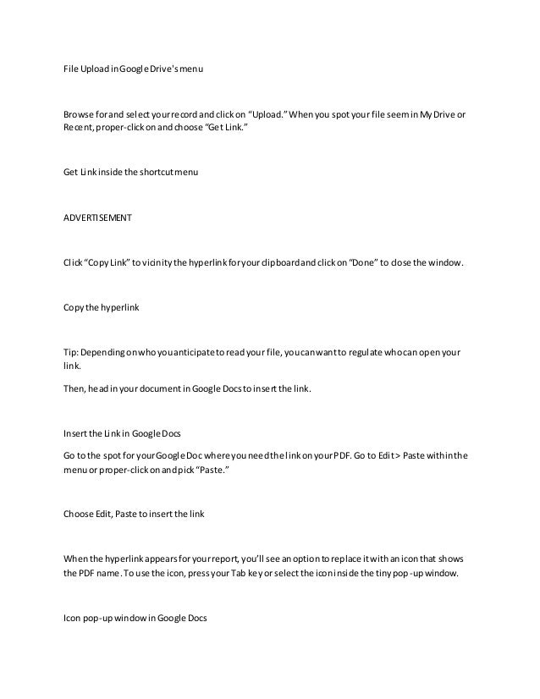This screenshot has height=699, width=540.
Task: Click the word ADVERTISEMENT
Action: (x=97, y=217)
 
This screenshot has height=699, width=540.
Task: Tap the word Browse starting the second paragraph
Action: (x=79, y=115)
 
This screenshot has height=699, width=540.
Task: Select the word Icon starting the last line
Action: (x=73, y=618)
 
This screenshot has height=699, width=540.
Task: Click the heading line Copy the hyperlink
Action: (x=101, y=310)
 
